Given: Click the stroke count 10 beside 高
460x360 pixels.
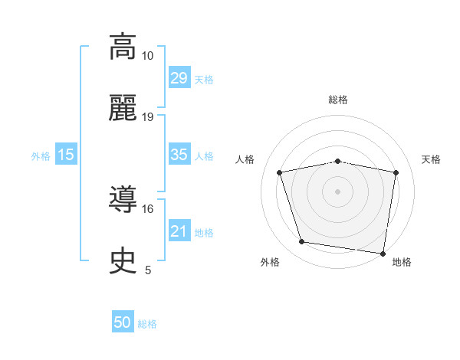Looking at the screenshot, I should coord(148,56).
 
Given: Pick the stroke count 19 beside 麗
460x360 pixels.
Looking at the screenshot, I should coord(148,117).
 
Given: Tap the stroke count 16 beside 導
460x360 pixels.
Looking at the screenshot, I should coord(148,208).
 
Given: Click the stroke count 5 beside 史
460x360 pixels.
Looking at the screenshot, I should coord(148,270).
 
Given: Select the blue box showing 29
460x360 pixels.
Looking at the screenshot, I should coord(179,78).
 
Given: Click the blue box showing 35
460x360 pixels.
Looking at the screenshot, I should coord(179,155).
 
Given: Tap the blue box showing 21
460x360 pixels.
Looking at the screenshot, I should coord(179,231).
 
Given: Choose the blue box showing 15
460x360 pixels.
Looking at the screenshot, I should coord(66,155).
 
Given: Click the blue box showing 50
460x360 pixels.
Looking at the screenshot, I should coord(123,322).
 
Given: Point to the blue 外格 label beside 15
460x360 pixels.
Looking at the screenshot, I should coord(41,156).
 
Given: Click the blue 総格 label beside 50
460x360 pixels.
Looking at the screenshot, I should coord(147,324).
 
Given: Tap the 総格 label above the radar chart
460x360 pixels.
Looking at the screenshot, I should coord(338,100).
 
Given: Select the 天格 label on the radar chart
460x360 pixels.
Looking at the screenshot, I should coord(431,159).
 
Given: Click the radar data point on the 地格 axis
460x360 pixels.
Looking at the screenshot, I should coord(383,253).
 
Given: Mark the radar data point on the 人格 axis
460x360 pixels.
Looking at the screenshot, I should coord(280,172).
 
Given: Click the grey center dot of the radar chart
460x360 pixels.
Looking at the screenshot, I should coord(338,191).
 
